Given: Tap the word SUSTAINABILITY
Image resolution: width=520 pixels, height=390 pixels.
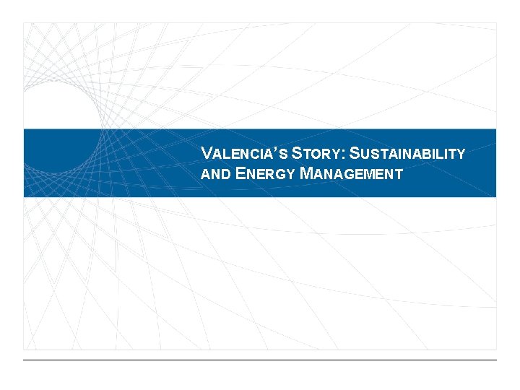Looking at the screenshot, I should click(412, 154).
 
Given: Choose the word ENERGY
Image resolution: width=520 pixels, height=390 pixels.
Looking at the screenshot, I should click(265, 174).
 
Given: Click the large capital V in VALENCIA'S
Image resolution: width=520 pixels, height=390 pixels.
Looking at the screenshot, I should click(207, 153).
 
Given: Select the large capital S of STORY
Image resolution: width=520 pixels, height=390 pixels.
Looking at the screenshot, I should click(298, 153).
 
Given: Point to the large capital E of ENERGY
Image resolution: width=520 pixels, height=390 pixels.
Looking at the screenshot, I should click(240, 173).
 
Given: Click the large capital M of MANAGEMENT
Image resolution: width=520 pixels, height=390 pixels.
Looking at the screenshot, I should click(306, 173).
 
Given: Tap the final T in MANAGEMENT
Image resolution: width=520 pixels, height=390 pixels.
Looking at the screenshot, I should click(398, 174).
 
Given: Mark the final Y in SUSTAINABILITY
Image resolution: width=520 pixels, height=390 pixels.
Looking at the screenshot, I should click(461, 154).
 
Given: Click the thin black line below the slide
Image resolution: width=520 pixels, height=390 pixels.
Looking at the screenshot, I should click(260, 360).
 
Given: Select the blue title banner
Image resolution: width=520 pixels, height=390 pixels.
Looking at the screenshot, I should click(108, 163).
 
